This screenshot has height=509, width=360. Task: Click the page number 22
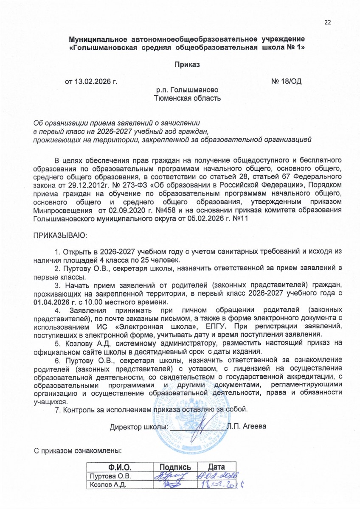pos(327,22)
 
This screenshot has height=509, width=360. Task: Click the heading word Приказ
pos(186,65)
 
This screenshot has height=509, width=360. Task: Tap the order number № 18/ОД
pos(286,81)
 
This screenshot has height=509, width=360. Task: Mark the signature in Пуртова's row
pos(172,476)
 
